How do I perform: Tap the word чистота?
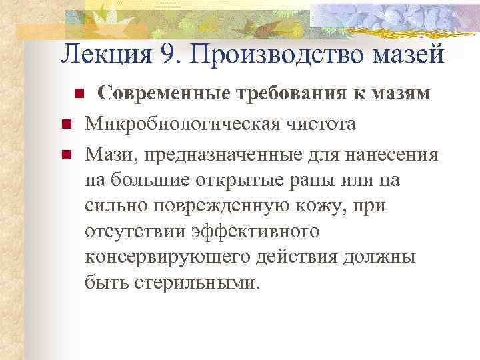(x=319, y=125)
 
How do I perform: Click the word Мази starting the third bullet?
(x=107, y=155)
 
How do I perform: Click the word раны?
(x=309, y=181)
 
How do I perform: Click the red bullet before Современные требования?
(x=78, y=95)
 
